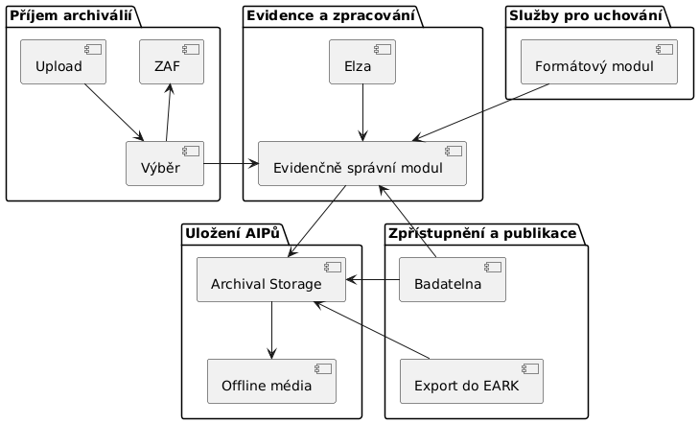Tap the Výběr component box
(x=165, y=164)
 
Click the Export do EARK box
(x=472, y=382)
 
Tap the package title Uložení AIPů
(x=235, y=233)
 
